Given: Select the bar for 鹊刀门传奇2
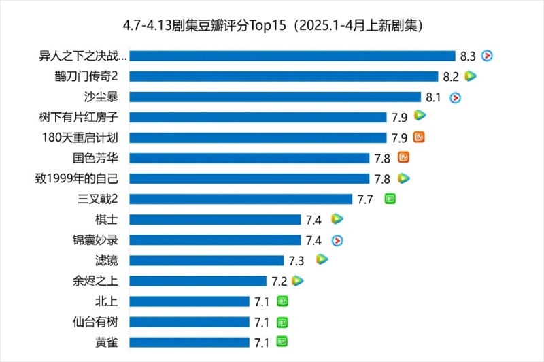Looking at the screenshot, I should [284, 76].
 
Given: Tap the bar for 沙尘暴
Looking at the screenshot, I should [275, 97].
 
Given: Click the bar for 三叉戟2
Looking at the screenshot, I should [241, 199].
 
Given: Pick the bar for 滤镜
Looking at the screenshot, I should [206, 260].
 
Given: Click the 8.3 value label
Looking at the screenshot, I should [467, 56].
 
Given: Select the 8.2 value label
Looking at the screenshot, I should [451, 76].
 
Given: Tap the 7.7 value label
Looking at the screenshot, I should [365, 199].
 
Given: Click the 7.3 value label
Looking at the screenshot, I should [296, 260].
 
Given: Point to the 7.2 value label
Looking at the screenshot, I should [279, 280].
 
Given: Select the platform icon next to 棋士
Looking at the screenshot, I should [337, 218].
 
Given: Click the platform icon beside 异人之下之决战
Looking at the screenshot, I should [486, 55].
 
